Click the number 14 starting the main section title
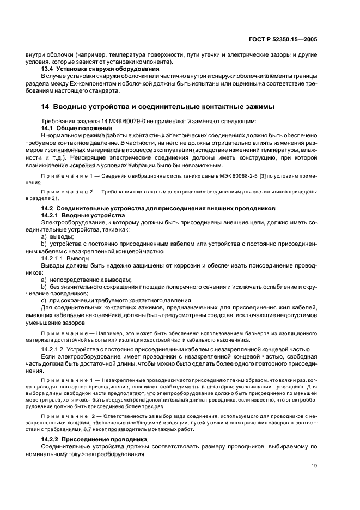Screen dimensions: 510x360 point(46,106)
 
